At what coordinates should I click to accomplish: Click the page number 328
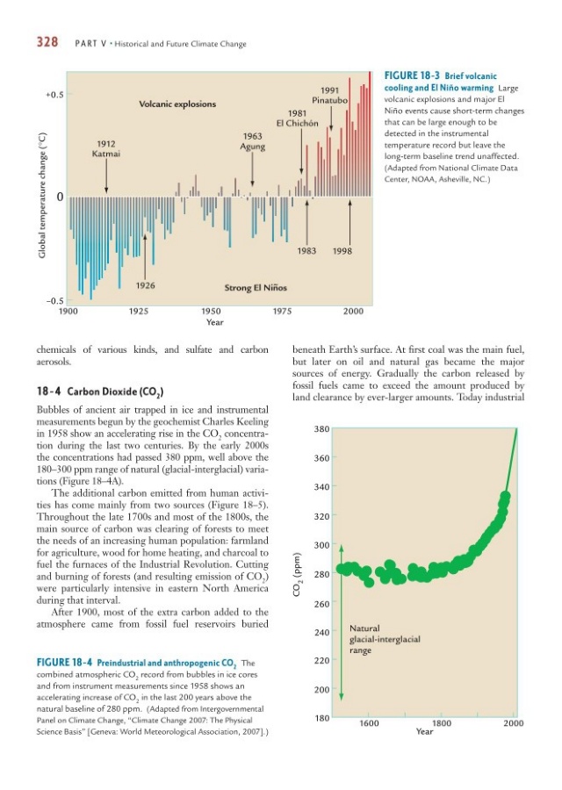click(47, 42)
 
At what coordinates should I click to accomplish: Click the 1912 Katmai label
click(106, 148)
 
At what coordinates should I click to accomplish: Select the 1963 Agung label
click(253, 141)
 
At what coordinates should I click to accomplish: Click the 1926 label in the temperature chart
click(145, 285)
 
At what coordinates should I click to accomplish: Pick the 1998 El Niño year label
click(342, 251)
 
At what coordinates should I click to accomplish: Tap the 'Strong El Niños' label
click(256, 287)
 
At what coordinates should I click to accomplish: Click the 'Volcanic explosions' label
click(177, 104)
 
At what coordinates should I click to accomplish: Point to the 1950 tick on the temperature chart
click(211, 311)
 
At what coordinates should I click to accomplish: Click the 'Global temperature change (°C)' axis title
click(40, 195)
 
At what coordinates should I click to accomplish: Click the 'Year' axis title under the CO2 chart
click(424, 730)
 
